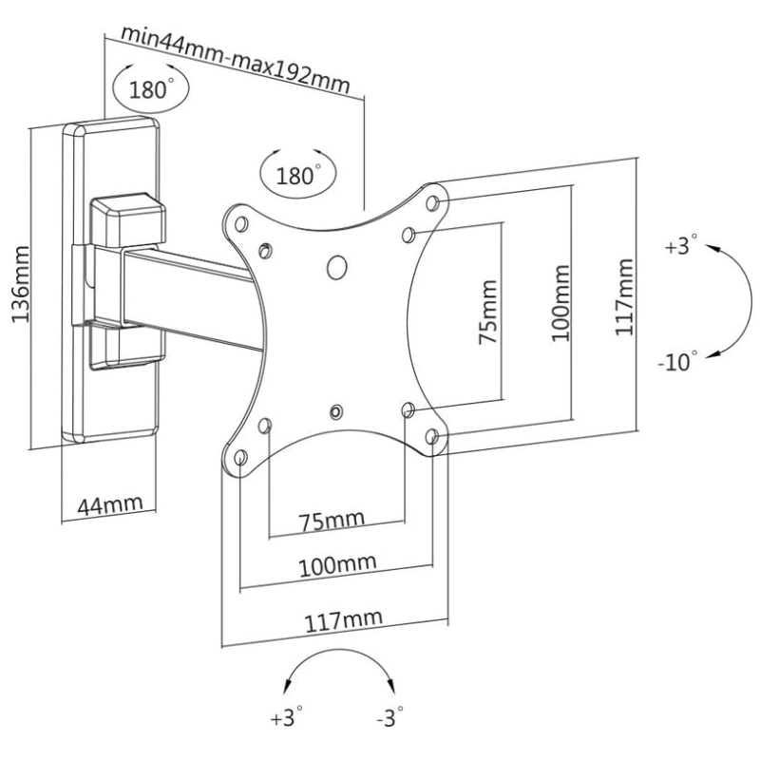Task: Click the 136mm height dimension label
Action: (x=20, y=284)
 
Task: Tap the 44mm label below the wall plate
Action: (x=110, y=505)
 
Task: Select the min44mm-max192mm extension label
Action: (x=235, y=59)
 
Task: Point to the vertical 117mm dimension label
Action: (x=624, y=296)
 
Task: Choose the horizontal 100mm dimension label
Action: (x=337, y=565)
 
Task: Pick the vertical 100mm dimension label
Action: (x=560, y=302)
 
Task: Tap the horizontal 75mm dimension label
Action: (x=331, y=521)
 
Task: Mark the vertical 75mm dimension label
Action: (x=488, y=312)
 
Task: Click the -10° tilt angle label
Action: (x=677, y=361)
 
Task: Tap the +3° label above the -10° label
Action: (x=681, y=245)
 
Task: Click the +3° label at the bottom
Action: (x=287, y=717)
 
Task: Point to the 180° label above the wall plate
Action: (x=151, y=88)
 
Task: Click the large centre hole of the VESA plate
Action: (x=337, y=267)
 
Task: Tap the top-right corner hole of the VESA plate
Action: (x=432, y=203)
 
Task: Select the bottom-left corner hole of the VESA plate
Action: (x=241, y=457)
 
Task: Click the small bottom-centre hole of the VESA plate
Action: (x=335, y=412)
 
